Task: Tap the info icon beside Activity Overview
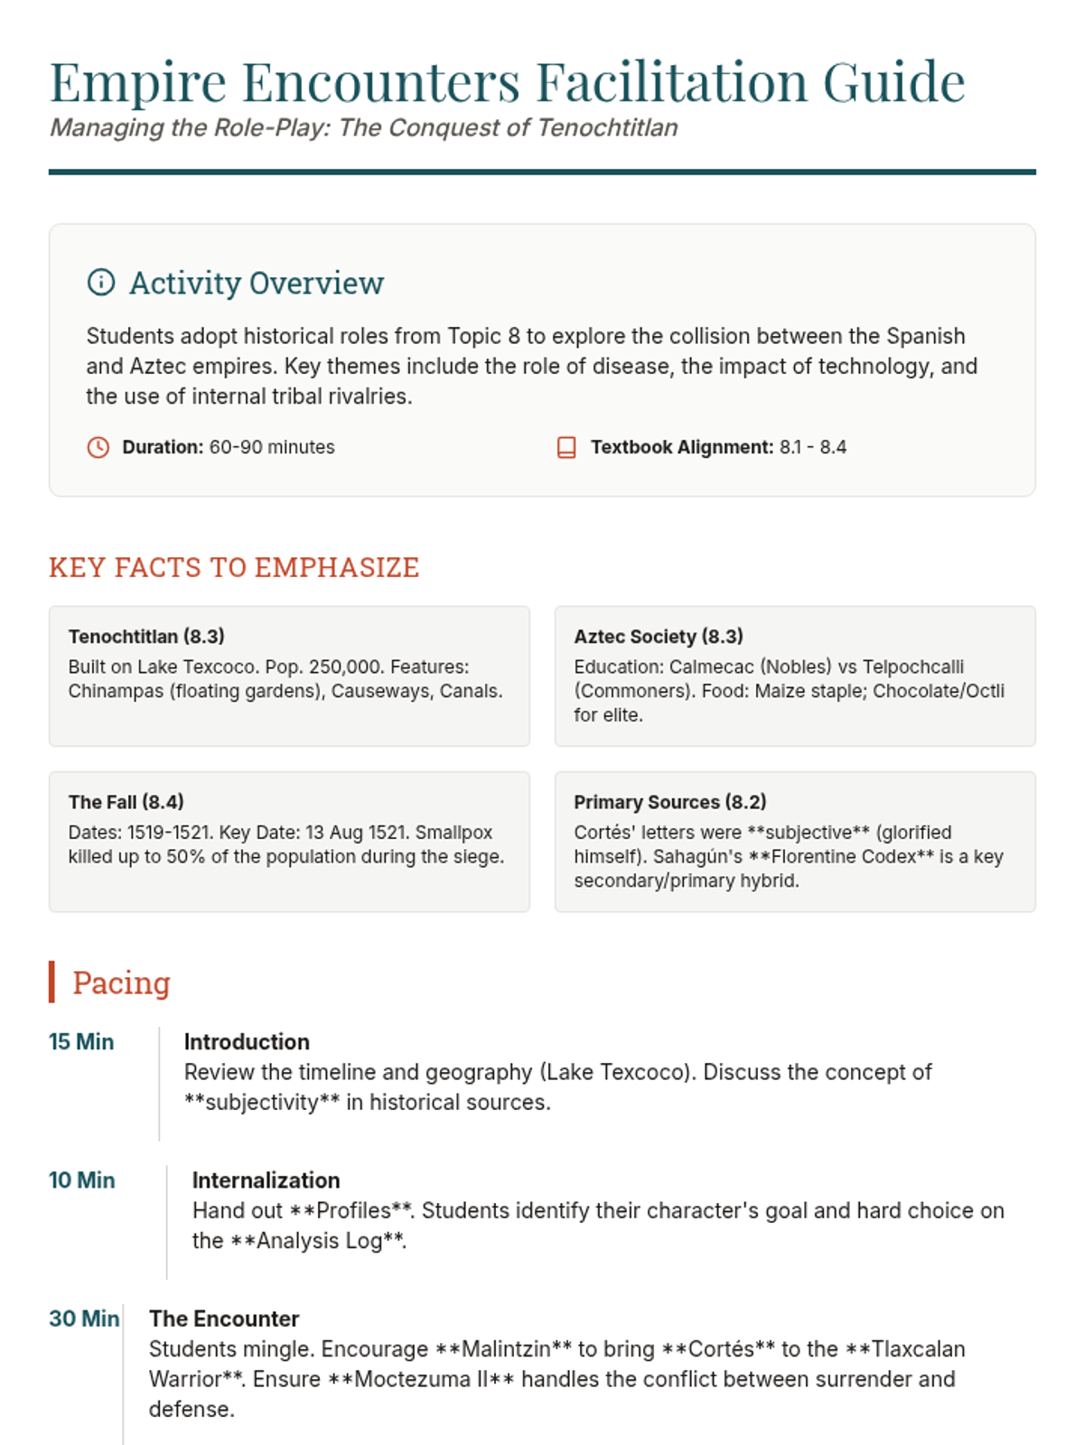point(101,283)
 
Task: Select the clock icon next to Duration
point(98,447)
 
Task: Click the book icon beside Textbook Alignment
point(566,447)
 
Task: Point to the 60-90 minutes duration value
point(272,447)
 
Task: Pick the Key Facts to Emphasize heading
point(234,567)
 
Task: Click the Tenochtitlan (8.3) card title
point(146,637)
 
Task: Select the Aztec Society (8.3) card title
point(659,637)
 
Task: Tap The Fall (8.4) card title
point(126,802)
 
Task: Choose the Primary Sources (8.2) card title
point(670,802)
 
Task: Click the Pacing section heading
point(121,983)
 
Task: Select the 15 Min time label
point(81,1042)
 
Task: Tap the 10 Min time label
point(81,1180)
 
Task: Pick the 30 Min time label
point(84,1319)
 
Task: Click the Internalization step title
point(266,1180)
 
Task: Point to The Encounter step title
point(224,1319)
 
